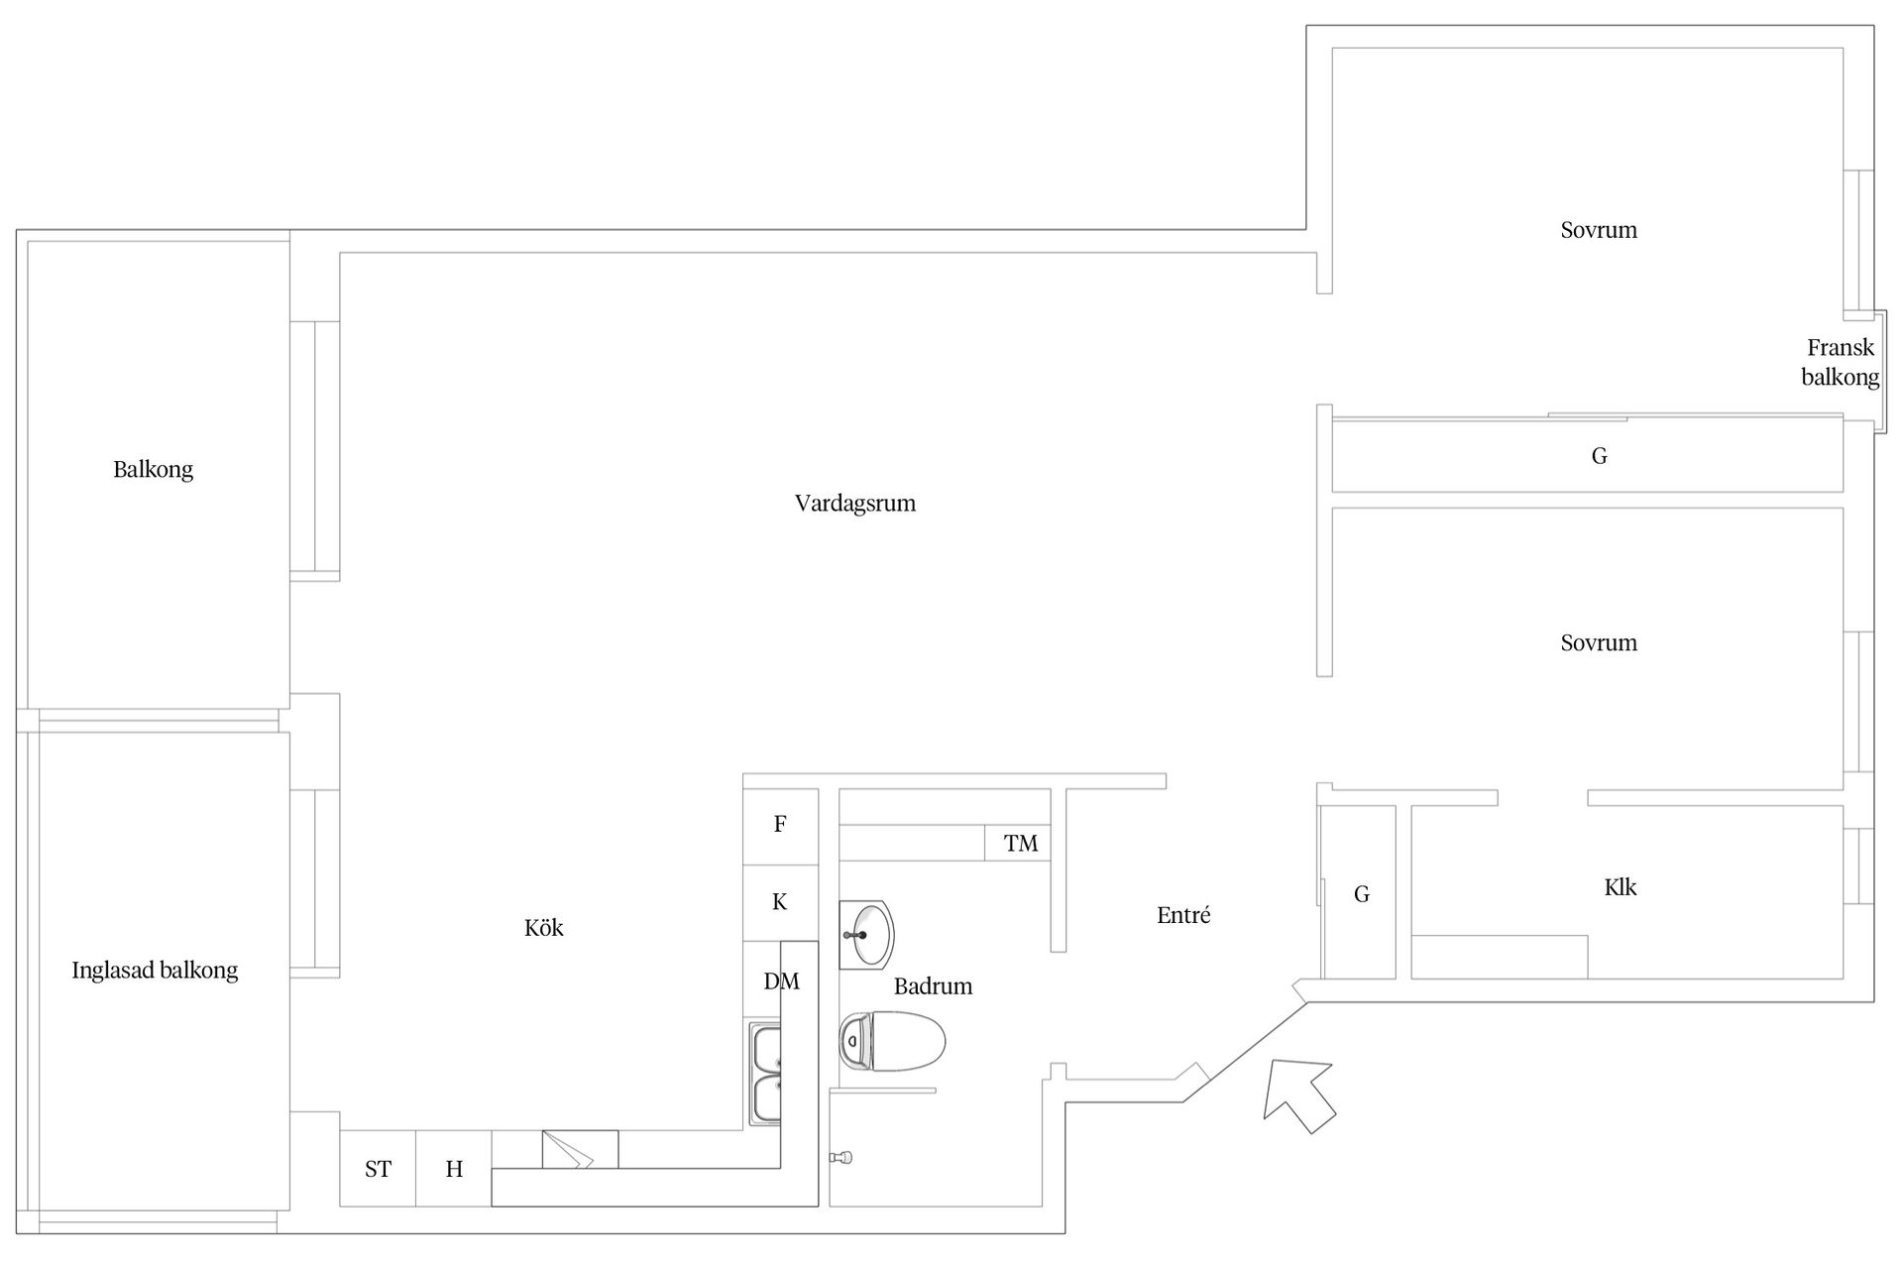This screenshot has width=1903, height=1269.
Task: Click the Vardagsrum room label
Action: point(854,504)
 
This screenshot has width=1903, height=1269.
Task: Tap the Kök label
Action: point(544,927)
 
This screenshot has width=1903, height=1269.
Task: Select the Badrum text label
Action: point(933,986)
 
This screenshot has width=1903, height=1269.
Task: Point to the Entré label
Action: point(1183,915)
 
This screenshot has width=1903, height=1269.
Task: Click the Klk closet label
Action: point(1621,887)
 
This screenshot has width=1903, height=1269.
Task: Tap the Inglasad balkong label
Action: point(155,971)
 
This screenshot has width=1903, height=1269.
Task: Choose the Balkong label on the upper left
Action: point(153,470)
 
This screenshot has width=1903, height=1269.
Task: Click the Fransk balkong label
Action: point(1841,362)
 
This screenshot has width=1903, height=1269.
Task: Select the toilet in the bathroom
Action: point(892,1041)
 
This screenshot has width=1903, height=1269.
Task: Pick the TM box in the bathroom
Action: point(1018,843)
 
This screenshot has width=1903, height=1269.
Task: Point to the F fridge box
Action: point(780,826)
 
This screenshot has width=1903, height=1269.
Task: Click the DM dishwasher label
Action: point(781,981)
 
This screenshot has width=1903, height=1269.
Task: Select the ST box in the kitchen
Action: point(378,1169)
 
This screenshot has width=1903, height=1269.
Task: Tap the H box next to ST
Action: point(454,1169)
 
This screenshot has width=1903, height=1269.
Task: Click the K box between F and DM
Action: point(780,902)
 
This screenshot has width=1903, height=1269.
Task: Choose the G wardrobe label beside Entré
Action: point(1362,894)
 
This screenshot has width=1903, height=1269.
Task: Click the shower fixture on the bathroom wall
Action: point(841,1156)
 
